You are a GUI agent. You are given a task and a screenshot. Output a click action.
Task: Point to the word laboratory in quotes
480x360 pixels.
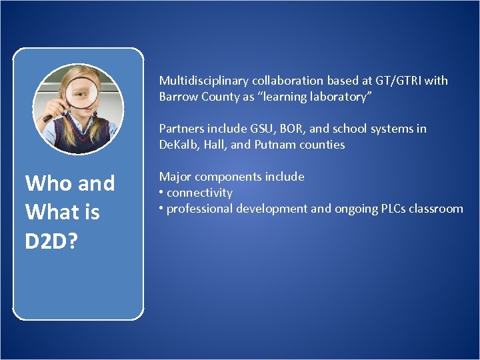[342, 97]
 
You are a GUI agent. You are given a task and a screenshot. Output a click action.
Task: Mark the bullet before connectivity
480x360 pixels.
[161, 193]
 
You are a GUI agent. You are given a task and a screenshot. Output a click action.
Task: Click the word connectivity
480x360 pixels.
[199, 193]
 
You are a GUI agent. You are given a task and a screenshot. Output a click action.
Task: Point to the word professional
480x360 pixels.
[199, 209]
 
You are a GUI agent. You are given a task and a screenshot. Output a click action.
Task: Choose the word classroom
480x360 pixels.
[436, 209]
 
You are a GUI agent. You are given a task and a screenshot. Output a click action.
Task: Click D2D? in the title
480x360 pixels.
[52, 241]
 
